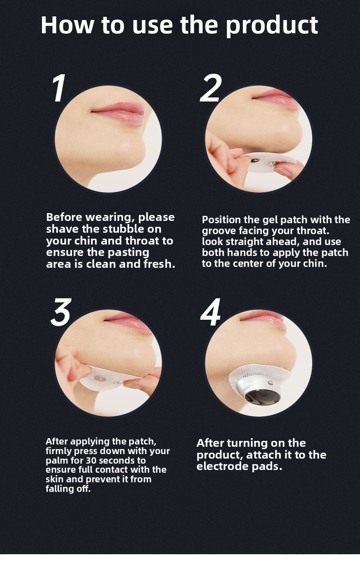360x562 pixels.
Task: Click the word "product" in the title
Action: coord(272,26)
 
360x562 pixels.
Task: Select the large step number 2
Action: coord(211,88)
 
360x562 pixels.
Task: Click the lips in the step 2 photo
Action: coord(275,97)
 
